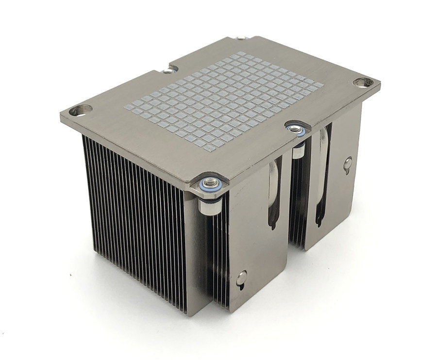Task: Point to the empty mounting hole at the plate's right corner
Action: [362, 82]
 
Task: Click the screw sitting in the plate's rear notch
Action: [168, 70]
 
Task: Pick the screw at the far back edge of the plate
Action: [241, 37]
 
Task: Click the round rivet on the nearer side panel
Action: [241, 278]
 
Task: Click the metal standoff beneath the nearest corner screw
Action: [209, 206]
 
